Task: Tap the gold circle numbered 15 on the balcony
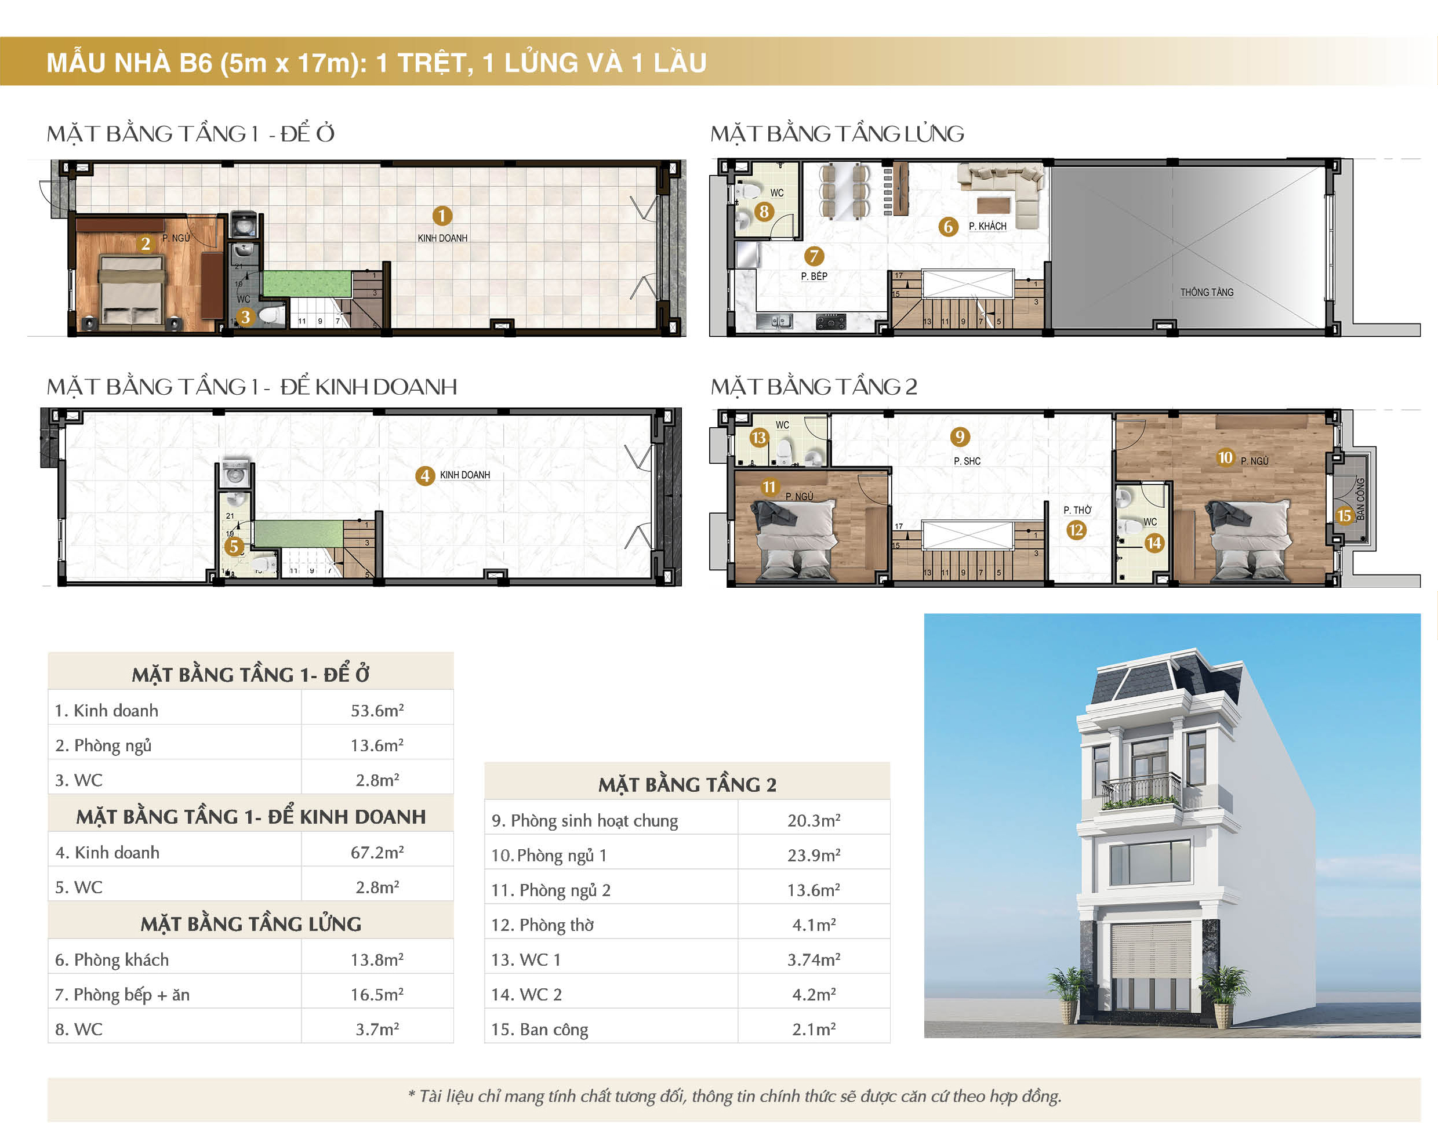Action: point(1343,515)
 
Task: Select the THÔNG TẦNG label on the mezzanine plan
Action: point(1207,292)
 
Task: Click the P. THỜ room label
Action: point(1077,510)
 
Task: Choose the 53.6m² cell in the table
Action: point(377,711)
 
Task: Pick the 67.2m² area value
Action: point(377,853)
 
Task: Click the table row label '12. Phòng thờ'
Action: point(542,925)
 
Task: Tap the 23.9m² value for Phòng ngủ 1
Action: point(813,856)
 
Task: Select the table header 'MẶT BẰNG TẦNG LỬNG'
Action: point(251,924)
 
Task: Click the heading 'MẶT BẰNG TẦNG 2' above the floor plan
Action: point(814,387)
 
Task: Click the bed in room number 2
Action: point(132,292)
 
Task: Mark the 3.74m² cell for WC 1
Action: point(813,960)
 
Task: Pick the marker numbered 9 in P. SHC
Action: point(959,436)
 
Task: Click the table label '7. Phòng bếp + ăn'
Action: point(122,995)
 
